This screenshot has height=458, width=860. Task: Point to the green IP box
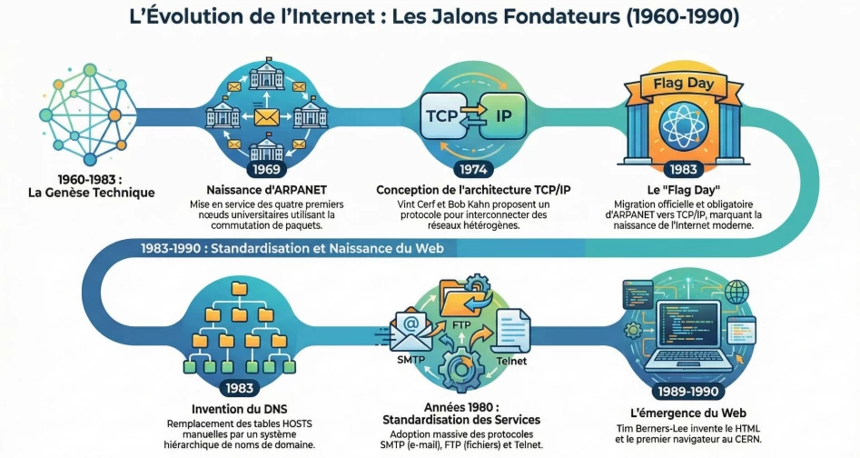coord(501,116)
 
